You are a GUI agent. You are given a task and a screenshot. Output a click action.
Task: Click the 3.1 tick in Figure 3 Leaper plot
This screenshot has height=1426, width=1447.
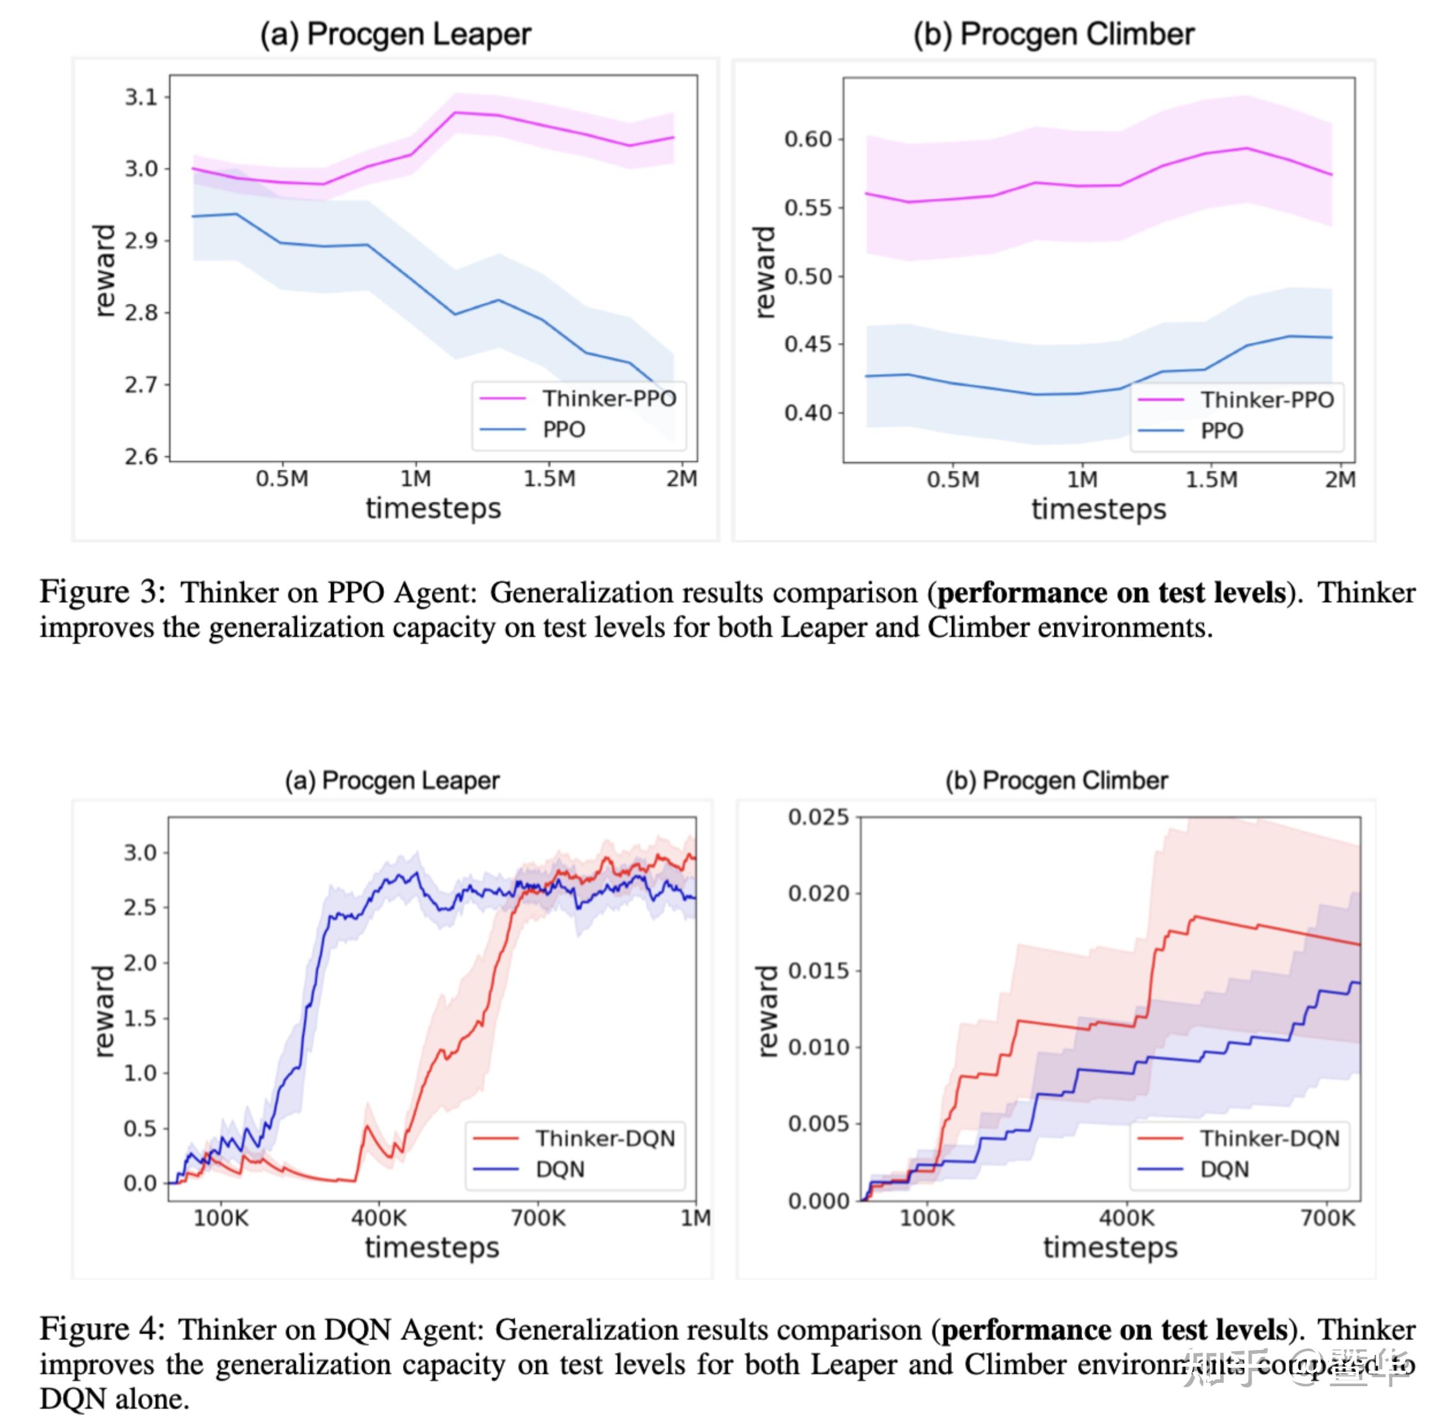click(x=141, y=97)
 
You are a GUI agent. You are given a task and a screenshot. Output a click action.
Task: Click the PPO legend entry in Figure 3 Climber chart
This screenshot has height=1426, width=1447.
click(x=1221, y=431)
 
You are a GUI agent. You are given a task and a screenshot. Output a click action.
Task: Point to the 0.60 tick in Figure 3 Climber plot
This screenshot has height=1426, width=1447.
click(x=808, y=139)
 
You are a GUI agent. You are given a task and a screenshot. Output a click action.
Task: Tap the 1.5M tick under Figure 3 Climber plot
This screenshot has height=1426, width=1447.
click(x=1211, y=480)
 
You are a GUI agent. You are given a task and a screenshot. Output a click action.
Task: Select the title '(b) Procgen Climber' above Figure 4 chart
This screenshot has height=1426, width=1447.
click(x=1056, y=780)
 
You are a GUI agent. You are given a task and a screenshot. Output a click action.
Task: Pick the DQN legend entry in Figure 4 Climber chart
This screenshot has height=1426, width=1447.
click(x=1224, y=1169)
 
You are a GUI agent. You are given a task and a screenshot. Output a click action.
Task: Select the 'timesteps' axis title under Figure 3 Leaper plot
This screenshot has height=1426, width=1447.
click(x=433, y=508)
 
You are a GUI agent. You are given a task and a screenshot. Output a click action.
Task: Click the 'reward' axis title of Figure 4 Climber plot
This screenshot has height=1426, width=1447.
click(x=767, y=1010)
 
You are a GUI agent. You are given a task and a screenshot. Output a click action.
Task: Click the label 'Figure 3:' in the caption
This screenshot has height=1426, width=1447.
click(x=101, y=593)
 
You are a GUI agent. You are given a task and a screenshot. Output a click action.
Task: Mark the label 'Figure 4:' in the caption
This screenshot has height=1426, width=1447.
click(x=101, y=1329)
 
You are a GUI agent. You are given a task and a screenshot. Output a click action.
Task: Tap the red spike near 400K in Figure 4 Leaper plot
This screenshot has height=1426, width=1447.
click(x=366, y=1127)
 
